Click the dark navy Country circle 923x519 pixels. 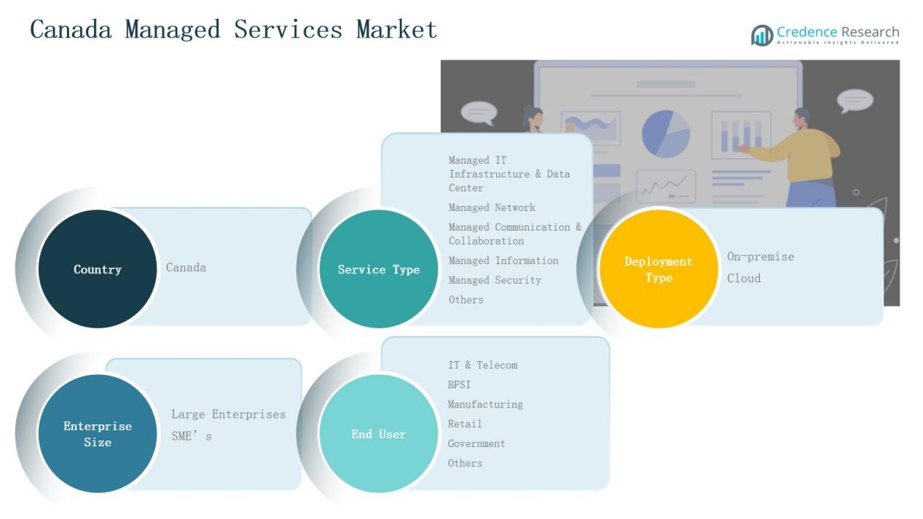tap(98, 269)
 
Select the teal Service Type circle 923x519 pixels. tap(379, 269)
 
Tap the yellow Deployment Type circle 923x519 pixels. tap(659, 269)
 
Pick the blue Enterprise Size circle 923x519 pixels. tap(98, 434)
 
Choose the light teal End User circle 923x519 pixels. tap(379, 434)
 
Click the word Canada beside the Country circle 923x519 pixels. tap(186, 268)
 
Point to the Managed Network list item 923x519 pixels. tap(492, 207)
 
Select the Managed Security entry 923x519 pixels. tap(495, 280)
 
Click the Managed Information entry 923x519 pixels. tap(503, 261)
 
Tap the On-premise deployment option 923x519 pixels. tap(761, 257)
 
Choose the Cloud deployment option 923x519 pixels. tap(744, 278)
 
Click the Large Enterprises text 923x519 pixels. tap(228, 414)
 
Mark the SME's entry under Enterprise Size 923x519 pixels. tap(192, 436)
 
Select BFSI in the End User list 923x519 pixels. tap(459, 384)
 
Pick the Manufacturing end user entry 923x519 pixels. tap(485, 404)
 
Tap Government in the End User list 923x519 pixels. tap(476, 443)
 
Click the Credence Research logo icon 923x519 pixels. tap(762, 35)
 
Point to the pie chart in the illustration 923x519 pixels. tap(665, 133)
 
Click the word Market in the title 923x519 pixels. tap(396, 30)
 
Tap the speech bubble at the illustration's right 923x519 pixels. tap(855, 100)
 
